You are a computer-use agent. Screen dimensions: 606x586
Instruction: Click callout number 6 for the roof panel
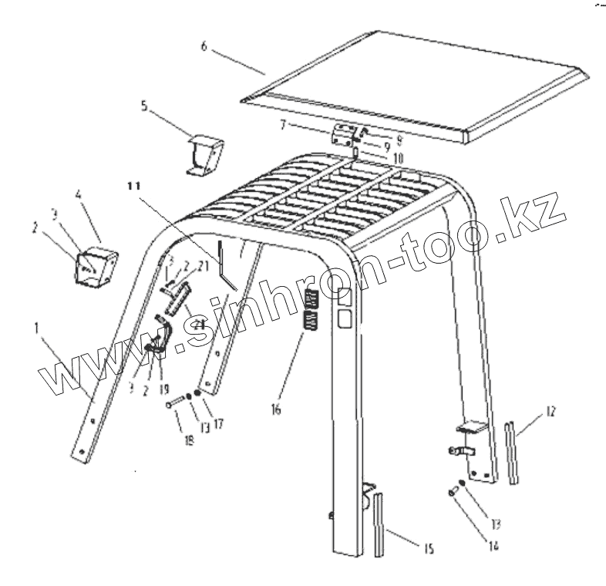pos(204,46)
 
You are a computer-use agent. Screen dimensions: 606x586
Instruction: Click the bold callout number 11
pos(135,186)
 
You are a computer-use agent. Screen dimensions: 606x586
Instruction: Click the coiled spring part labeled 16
pos(310,310)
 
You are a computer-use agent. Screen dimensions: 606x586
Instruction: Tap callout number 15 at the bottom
pos(428,550)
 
